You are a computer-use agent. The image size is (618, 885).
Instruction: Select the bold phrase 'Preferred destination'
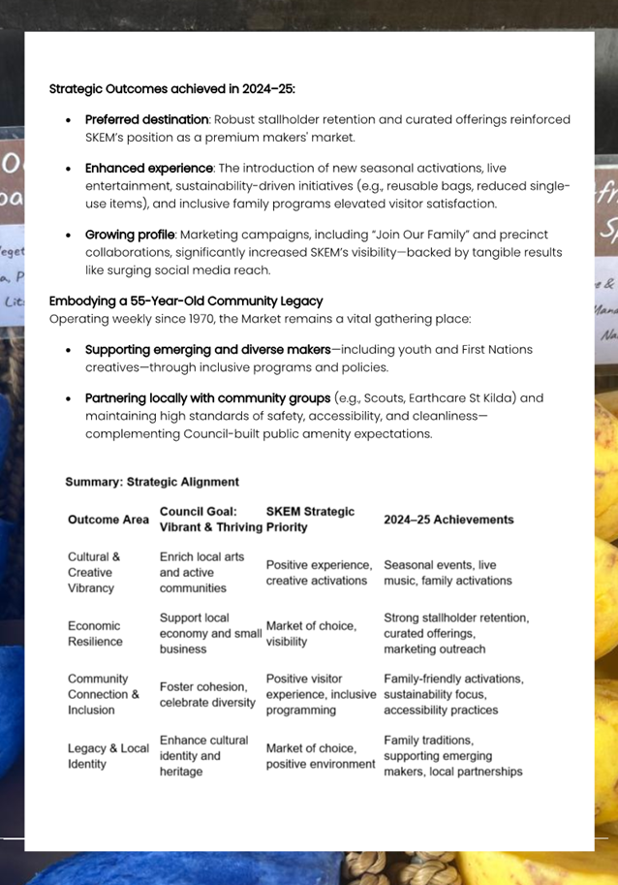146,119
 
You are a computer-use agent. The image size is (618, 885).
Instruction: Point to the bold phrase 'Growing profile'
128,235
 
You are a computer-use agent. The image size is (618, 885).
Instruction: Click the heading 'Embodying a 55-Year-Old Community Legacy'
186,300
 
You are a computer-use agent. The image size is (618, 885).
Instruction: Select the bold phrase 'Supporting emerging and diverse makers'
207,349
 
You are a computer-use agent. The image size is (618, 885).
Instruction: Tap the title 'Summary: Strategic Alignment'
152,481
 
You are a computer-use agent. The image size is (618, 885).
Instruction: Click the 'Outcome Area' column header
108,520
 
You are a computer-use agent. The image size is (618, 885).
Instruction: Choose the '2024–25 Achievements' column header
448,520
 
